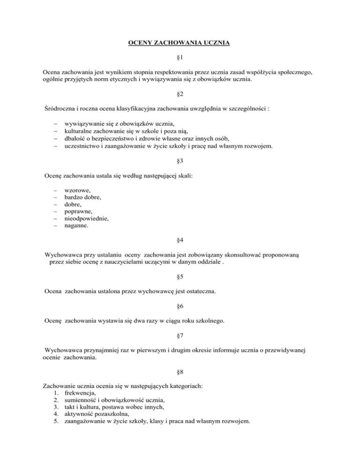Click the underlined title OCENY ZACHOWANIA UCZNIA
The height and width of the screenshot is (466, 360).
point(180,45)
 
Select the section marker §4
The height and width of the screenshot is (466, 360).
point(180,240)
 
